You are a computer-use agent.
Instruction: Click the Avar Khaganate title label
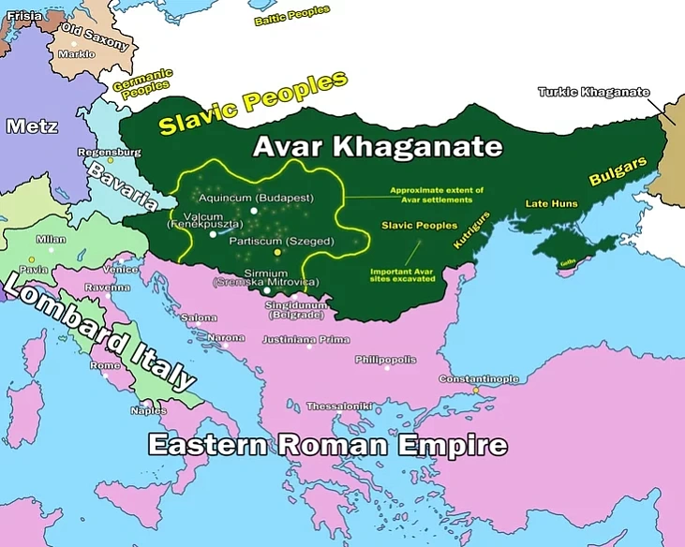[378, 147]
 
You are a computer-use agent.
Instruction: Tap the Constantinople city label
[478, 378]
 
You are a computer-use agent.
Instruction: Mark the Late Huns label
[551, 203]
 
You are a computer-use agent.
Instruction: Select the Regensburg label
[110, 152]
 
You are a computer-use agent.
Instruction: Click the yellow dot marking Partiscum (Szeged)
[276, 253]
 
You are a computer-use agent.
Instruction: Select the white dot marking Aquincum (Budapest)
[253, 211]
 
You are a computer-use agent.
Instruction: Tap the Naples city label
[148, 410]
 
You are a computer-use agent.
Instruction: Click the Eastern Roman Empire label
[327, 445]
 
